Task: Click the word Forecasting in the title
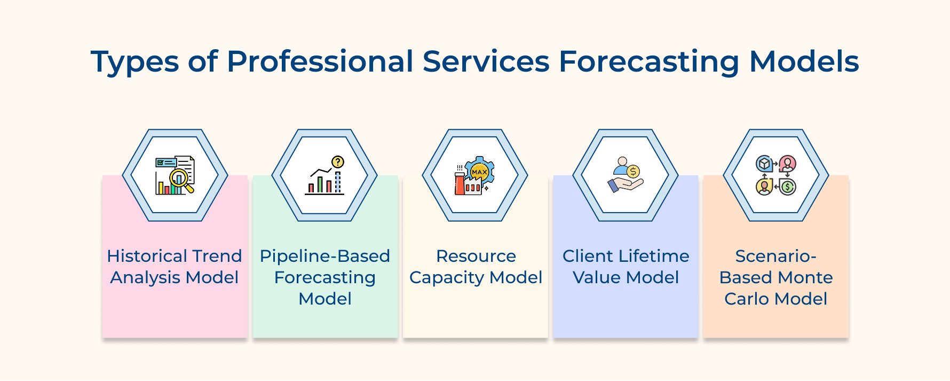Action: point(648,61)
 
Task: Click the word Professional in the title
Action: point(320,61)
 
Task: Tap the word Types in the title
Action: point(134,63)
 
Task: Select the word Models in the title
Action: point(804,61)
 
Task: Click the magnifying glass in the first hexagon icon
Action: point(180,178)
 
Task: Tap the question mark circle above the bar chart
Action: point(338,162)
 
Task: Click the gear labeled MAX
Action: point(479,172)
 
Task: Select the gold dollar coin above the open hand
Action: point(633,172)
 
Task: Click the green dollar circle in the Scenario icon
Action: point(787,187)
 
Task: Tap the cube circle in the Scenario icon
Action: point(764,164)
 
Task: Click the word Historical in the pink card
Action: point(140,256)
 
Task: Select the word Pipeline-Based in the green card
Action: point(324,256)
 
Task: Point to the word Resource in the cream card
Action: point(476,256)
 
